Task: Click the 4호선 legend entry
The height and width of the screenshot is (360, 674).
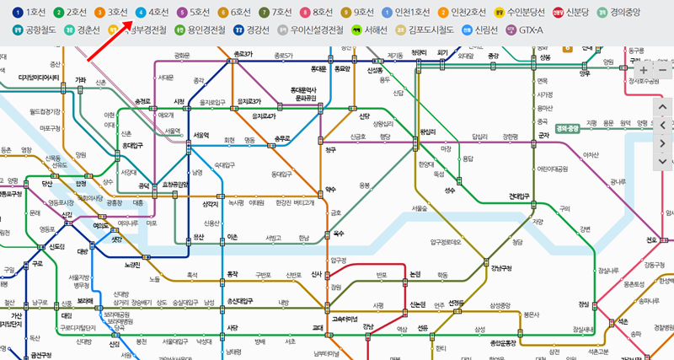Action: coord(152,13)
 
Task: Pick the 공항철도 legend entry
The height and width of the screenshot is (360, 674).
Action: coord(35,30)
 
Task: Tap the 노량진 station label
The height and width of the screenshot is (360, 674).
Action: coord(131,266)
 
